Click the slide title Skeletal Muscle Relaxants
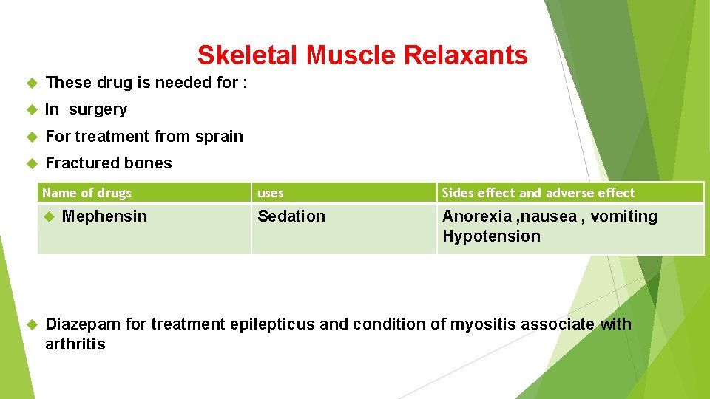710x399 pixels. tap(362, 55)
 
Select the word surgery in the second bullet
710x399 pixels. tap(98, 109)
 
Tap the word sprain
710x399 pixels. tap(219, 137)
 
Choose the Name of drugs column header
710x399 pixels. tap(87, 193)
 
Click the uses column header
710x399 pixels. tap(270, 193)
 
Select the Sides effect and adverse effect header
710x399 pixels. tap(538, 193)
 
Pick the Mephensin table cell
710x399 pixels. tap(104, 216)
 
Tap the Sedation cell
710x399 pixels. tap(291, 216)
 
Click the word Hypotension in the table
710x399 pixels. tap(491, 236)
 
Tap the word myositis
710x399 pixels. tap(473, 324)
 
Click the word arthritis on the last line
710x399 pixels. tap(75, 344)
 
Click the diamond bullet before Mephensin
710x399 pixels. tap(50, 217)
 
